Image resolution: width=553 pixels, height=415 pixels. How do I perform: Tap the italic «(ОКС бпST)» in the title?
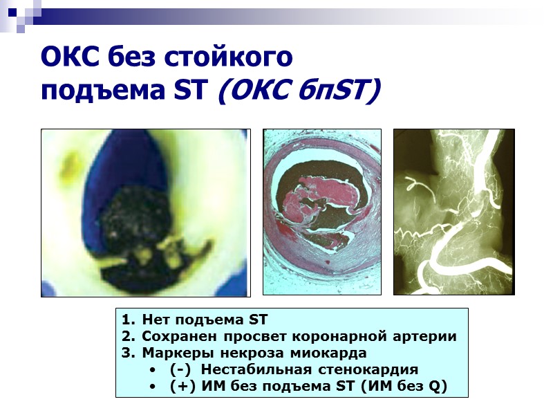(x=299, y=90)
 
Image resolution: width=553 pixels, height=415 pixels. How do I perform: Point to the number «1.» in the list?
(x=128, y=320)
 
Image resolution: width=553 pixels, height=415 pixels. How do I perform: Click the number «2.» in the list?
(x=128, y=337)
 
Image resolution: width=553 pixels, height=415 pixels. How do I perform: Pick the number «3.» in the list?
(x=128, y=353)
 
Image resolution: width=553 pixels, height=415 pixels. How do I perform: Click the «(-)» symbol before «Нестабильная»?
(x=181, y=369)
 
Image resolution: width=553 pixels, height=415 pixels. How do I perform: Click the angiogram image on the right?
(x=453, y=212)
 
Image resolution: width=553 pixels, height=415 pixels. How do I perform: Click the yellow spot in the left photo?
(x=68, y=166)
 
